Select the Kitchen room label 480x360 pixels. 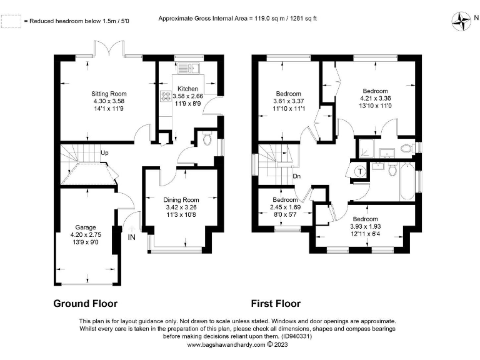coord(188,89)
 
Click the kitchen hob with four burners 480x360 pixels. coord(167,96)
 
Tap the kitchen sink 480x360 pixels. coord(191,67)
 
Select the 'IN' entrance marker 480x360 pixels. coord(132,238)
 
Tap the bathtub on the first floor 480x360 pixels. coord(407,181)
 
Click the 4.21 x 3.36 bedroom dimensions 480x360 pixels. coord(375,98)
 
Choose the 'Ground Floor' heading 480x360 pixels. coord(84,304)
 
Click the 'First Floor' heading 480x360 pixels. coord(276,304)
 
